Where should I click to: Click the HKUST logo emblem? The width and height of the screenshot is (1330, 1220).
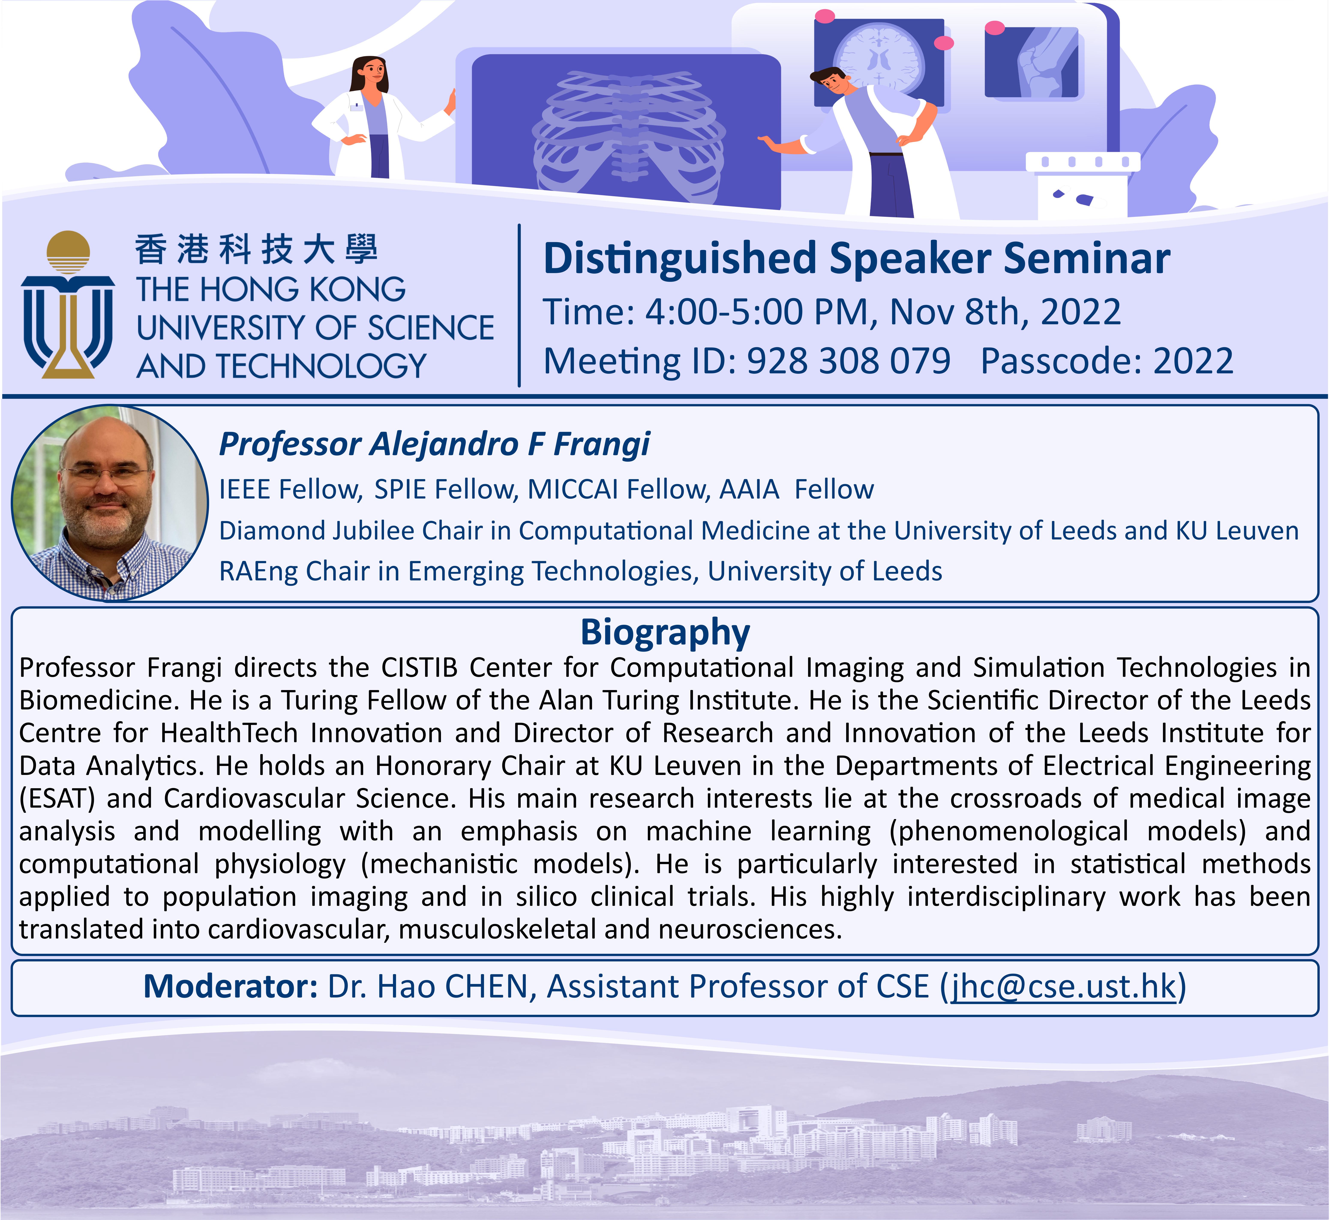click(68, 305)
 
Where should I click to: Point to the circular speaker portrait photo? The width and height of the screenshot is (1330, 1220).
click(110, 503)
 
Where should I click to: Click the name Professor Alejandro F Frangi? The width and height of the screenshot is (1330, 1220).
click(434, 444)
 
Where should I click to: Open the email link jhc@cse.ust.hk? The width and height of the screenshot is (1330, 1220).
click(1063, 986)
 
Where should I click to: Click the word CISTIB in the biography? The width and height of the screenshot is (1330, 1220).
click(419, 667)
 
